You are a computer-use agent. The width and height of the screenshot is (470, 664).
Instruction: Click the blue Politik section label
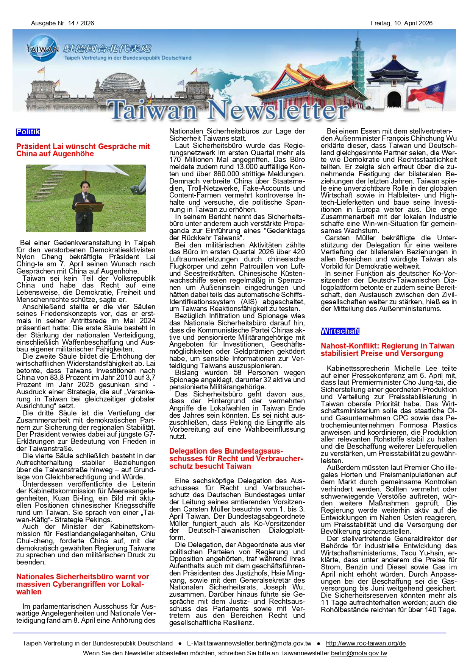tap(28, 132)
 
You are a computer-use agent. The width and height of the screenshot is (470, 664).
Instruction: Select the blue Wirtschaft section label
tap(340, 331)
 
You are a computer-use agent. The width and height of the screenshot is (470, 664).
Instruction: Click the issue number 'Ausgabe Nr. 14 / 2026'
tap(62, 23)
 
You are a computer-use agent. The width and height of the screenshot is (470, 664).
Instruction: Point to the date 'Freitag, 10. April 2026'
tap(401, 23)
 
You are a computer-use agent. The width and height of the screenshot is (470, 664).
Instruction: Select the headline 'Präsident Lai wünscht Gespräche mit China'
tap(83, 150)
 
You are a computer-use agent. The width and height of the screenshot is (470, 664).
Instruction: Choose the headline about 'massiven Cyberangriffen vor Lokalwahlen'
tap(83, 584)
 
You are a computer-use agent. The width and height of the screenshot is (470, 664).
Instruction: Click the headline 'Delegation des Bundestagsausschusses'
tap(236, 459)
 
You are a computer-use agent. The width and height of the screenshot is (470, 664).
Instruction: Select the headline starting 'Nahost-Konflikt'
tap(387, 350)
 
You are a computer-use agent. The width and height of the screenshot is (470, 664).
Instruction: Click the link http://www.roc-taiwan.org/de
tap(365, 643)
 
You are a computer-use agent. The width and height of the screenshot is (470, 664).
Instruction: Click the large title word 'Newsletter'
tap(278, 110)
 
